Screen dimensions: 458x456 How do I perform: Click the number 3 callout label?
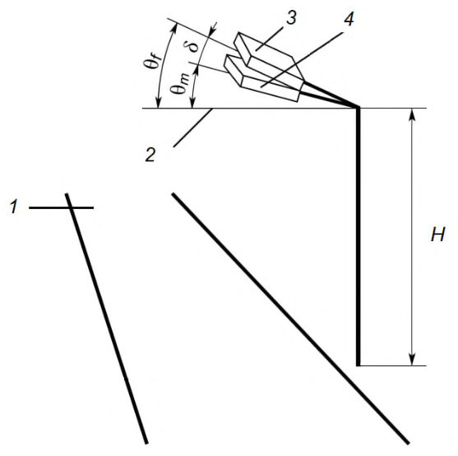pos(291,18)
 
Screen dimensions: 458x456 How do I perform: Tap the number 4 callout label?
pos(349,19)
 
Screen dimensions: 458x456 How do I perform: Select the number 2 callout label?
pos(150,155)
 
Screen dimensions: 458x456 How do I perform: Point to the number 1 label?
pos(14,207)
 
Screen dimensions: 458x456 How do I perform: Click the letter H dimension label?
pos(437,235)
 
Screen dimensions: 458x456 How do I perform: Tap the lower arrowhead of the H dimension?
pos(412,359)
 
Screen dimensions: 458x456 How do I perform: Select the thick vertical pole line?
pos(359,237)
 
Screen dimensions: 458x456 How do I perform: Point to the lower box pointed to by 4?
pos(262,79)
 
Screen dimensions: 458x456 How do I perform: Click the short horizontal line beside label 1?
pos(61,207)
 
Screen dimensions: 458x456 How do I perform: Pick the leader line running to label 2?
pos(192,128)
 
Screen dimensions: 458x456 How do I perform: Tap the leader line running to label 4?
pos(302,59)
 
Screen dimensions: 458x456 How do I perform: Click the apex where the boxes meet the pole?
pos(358,108)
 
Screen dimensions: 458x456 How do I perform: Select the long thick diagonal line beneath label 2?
pos(290,318)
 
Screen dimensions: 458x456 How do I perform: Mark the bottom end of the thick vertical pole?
pos(359,365)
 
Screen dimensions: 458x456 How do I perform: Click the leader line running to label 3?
pos(270,39)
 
